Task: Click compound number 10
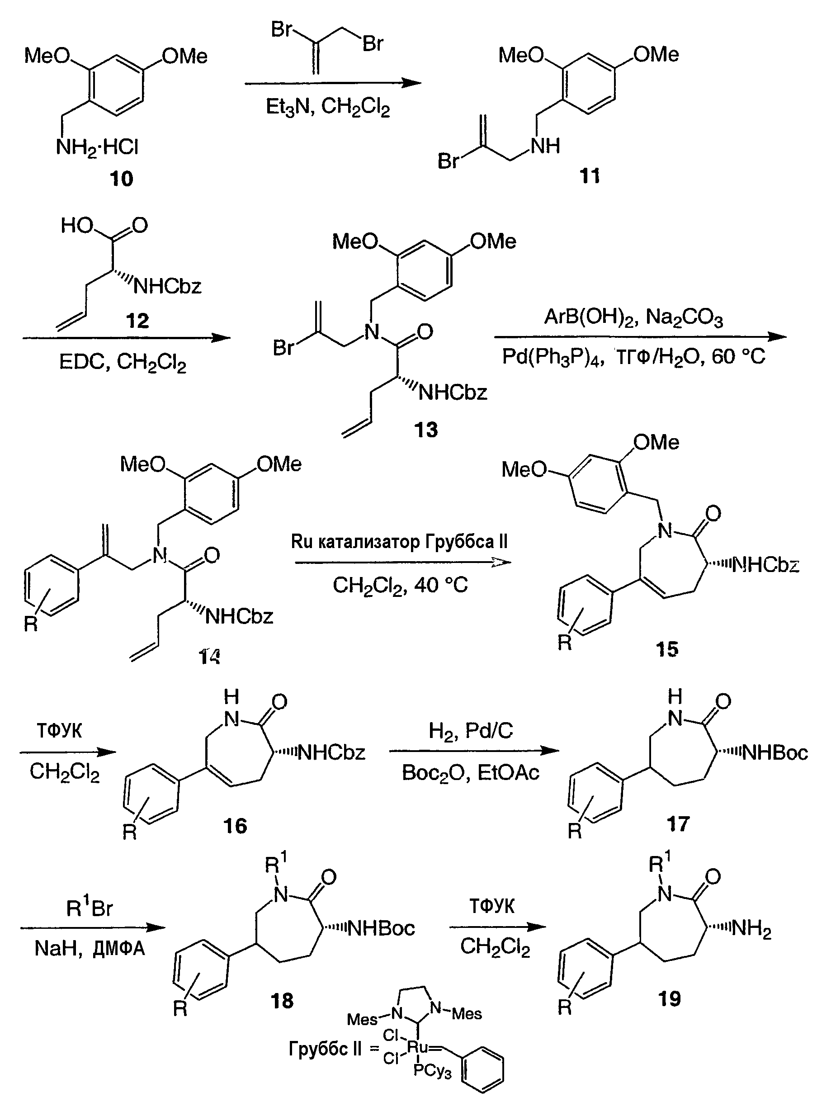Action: (121, 179)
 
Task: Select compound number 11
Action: (590, 175)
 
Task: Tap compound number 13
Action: (426, 430)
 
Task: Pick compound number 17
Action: (678, 824)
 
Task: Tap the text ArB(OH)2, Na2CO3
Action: (633, 317)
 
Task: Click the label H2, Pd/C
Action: (471, 731)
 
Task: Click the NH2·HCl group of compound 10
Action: (97, 147)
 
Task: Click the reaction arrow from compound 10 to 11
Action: (332, 83)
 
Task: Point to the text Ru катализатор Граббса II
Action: (399, 542)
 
